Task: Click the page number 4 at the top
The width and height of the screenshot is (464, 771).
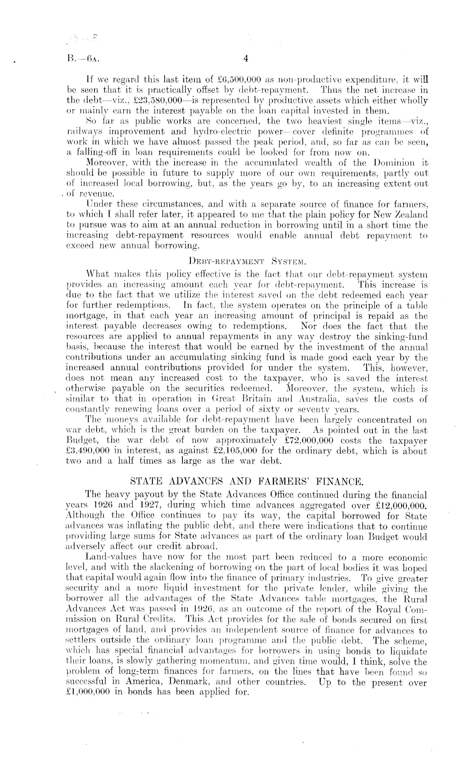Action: (x=246, y=59)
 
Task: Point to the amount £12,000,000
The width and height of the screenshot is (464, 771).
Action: (x=399, y=506)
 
